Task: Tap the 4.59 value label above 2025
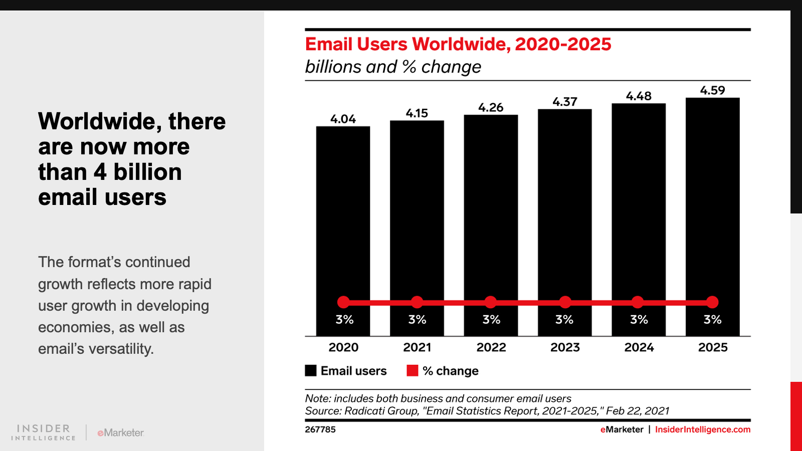coord(712,91)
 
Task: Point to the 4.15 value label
coord(417,113)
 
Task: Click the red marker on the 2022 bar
coord(491,302)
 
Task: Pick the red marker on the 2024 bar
coord(638,302)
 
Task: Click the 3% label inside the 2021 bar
coord(417,320)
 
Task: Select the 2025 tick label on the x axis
coord(713,347)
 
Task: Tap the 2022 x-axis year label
coord(491,347)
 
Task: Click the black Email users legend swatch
coord(311,371)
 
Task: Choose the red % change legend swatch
coord(413,371)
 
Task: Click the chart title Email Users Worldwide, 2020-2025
coord(458,44)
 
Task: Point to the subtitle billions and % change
coord(393,67)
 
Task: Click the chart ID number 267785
coord(320,429)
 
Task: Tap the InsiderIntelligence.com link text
coord(703,429)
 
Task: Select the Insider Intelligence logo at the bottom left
coord(44,432)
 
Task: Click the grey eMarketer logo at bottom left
coord(121,432)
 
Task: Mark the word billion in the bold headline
coord(147,172)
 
